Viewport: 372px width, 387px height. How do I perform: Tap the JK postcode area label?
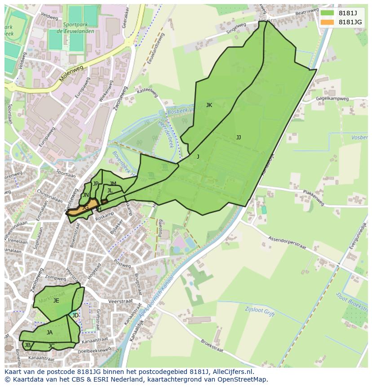(209, 105)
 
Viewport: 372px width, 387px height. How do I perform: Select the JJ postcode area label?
(239, 138)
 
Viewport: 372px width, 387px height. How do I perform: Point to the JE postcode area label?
(56, 301)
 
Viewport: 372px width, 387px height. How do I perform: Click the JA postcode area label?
(49, 333)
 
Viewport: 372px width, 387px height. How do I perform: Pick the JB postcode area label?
(28, 345)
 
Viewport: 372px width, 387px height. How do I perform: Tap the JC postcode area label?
(52, 346)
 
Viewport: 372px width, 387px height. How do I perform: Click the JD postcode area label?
(75, 316)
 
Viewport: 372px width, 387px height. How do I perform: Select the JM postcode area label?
(113, 184)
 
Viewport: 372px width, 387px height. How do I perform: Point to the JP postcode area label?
(96, 184)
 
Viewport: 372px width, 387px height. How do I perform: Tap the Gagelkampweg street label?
(332, 98)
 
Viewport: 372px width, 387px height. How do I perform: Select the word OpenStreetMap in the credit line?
(243, 380)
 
